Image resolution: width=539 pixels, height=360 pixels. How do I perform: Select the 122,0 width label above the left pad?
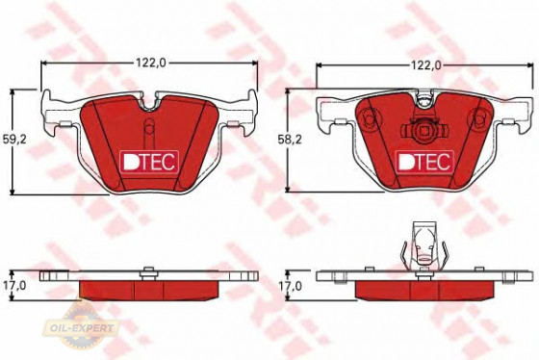pos(151,63)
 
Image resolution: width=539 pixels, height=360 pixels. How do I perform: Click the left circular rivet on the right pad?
pos(367,119)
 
